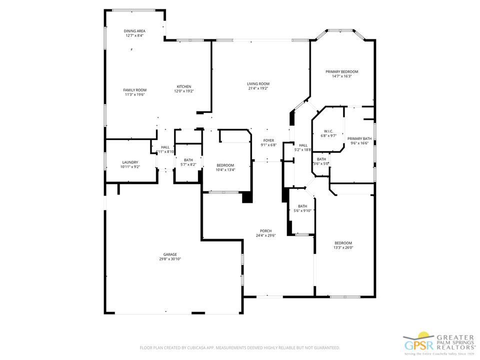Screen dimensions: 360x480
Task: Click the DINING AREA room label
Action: click(134, 31)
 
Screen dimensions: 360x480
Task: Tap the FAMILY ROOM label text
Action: click(134, 90)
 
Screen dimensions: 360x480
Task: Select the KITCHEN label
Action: click(183, 86)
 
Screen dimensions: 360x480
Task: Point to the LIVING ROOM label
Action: click(258, 83)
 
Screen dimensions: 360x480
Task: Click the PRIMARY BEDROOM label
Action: click(341, 71)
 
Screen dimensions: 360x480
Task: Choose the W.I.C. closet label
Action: click(328, 131)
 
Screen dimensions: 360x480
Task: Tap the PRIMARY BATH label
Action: click(359, 138)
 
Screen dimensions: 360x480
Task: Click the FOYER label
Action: click(268, 140)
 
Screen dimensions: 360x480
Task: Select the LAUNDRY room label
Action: click(130, 162)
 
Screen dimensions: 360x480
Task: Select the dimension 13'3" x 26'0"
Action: click(343, 247)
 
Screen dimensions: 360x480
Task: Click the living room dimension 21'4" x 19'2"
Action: click(258, 88)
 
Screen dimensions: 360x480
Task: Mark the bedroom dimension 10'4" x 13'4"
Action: click(225, 170)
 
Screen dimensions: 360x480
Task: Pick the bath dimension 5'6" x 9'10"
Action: click(302, 210)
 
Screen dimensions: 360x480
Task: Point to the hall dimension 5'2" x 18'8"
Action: click(303, 149)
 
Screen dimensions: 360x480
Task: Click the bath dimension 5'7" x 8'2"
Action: click(188, 164)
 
